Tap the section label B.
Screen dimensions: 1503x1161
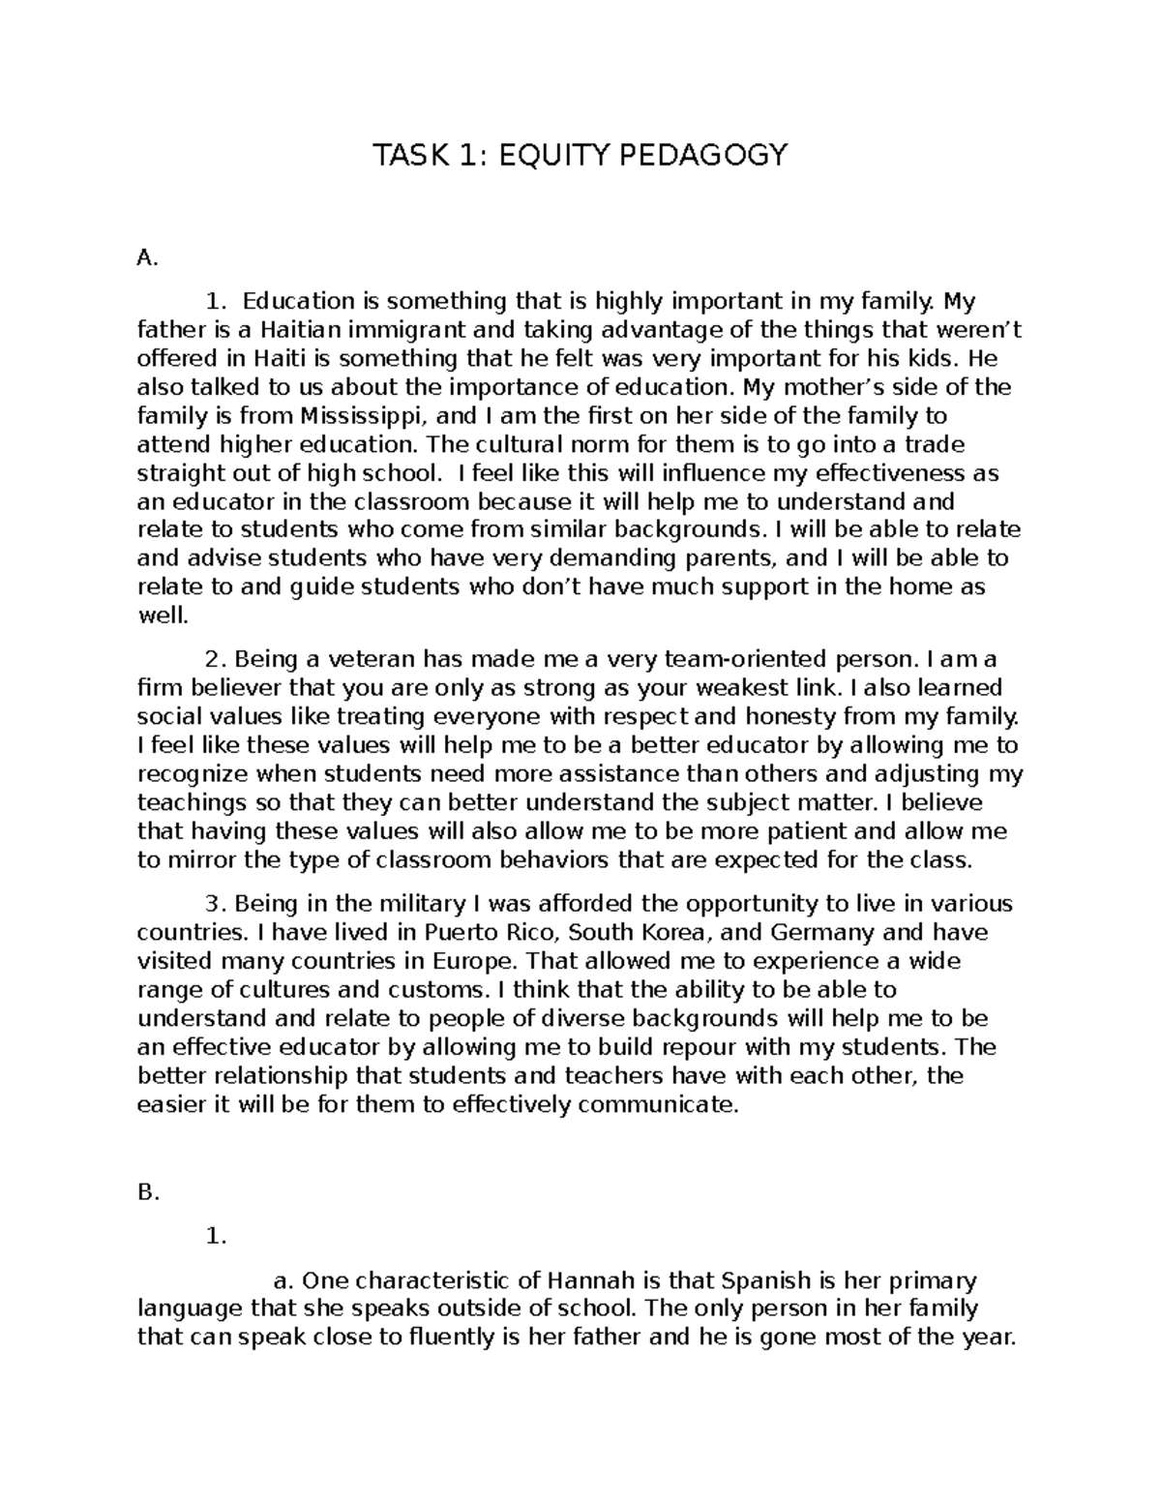pyautogui.click(x=147, y=1193)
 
